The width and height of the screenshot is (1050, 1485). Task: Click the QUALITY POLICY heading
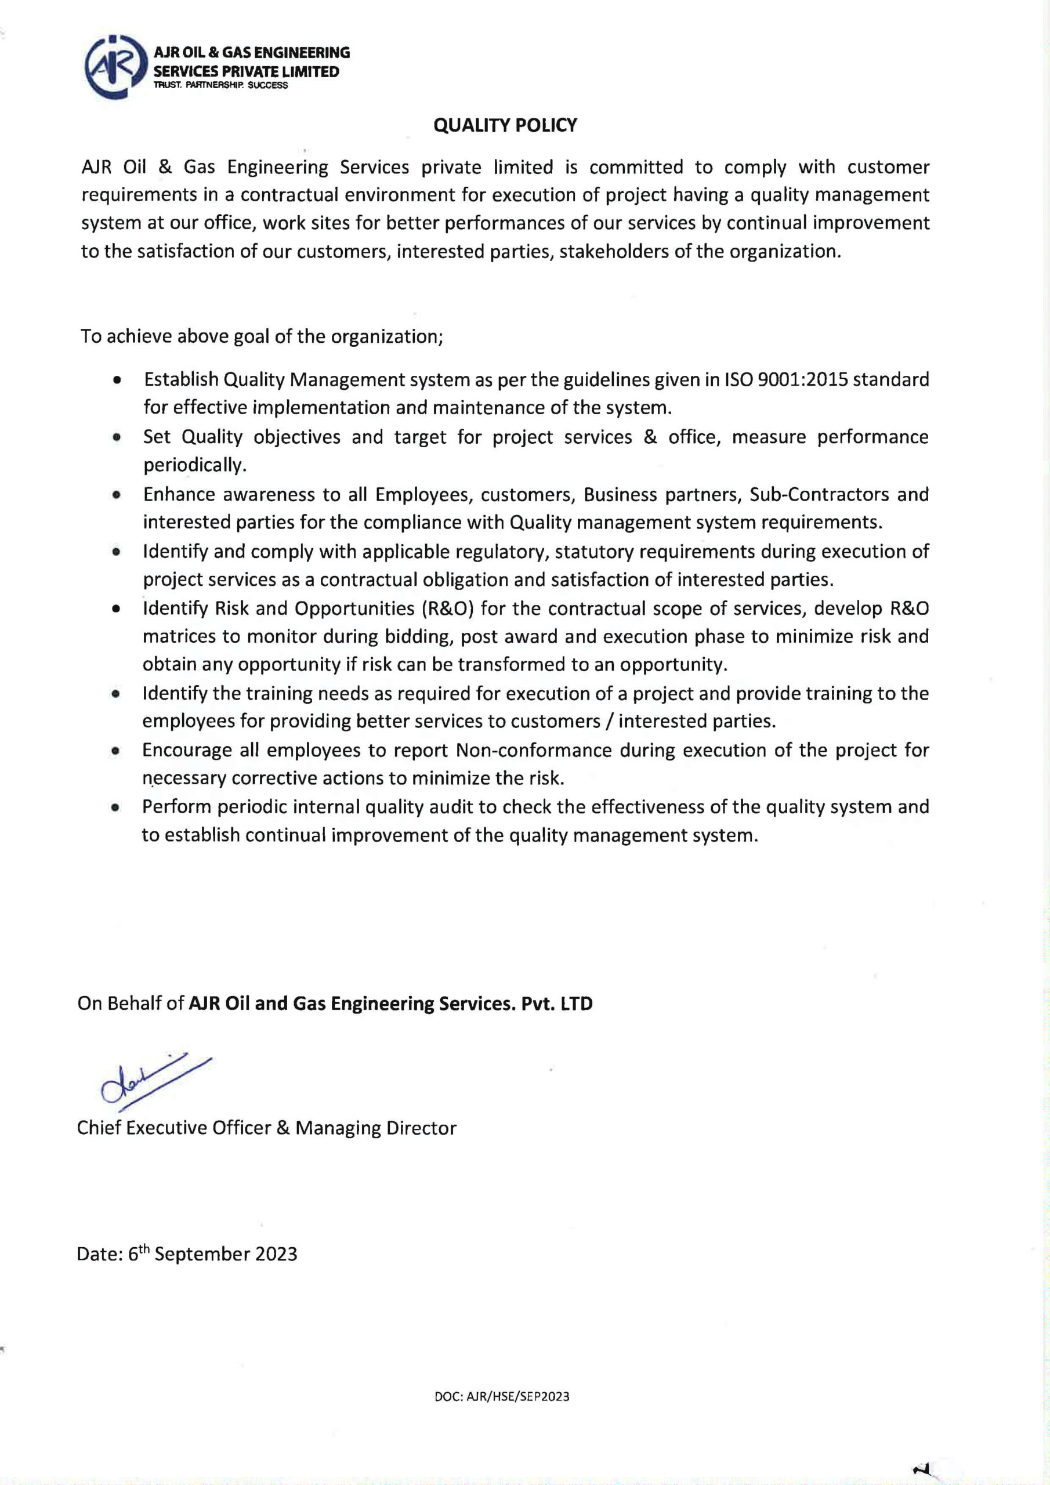pyautogui.click(x=505, y=125)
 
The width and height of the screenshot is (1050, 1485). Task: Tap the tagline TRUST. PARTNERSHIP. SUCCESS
pyautogui.click(x=220, y=85)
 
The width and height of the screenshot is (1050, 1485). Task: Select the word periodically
pyautogui.click(x=194, y=465)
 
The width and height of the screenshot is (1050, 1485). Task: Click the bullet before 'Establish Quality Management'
pyautogui.click(x=117, y=381)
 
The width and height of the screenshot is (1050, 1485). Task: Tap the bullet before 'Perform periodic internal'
pyautogui.click(x=116, y=808)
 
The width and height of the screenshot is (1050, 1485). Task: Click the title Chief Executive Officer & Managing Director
pyautogui.click(x=266, y=1128)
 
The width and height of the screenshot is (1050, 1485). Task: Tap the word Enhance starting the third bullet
pyautogui.click(x=179, y=494)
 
